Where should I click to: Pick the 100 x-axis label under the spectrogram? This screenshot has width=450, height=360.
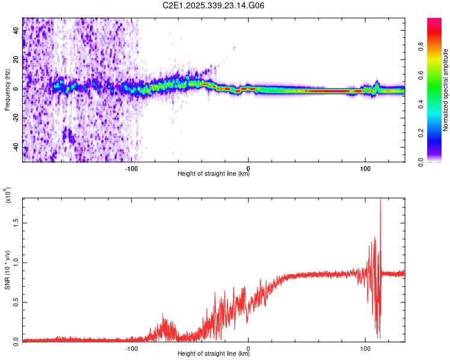tap(365, 169)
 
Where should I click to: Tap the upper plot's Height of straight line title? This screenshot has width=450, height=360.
tap(214, 175)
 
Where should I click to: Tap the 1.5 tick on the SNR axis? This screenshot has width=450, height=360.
tap(16, 222)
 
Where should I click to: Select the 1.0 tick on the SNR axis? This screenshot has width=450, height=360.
tap(16, 262)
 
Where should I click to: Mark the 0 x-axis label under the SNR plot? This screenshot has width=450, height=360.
tap(248, 349)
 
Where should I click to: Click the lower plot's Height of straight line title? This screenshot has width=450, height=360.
tap(214, 355)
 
